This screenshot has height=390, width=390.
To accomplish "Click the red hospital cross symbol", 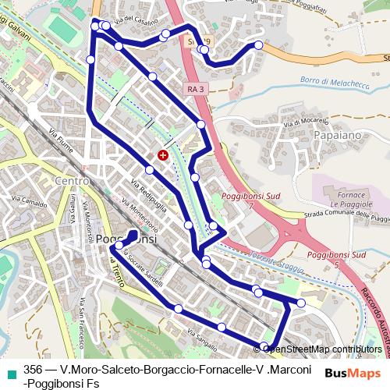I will [162, 155].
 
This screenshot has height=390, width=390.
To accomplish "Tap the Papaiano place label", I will [336, 136].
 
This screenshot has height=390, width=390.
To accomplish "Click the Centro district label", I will [71, 181].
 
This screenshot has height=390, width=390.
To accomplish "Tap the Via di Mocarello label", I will [303, 123].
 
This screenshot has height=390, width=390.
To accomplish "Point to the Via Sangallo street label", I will [202, 337].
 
